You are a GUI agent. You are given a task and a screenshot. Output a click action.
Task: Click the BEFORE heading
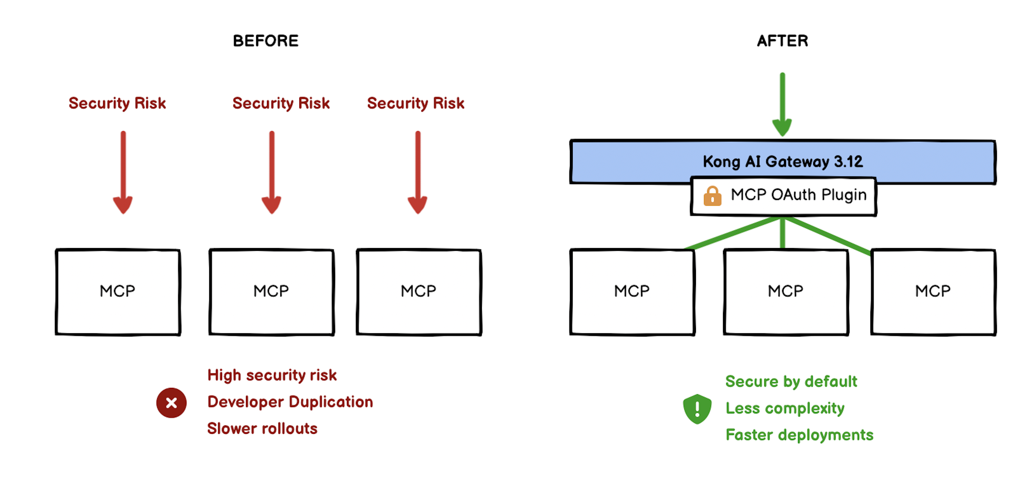point(265,41)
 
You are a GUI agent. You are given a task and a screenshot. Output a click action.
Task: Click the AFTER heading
point(782,41)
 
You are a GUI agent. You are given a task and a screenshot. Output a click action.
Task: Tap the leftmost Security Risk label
point(117,103)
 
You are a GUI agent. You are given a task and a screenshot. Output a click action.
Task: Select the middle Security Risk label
point(281,103)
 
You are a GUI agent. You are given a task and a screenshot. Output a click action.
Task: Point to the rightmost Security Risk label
point(416,103)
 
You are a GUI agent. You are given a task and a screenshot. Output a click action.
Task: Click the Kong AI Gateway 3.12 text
point(782,162)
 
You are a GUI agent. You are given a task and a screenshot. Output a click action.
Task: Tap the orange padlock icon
point(712,196)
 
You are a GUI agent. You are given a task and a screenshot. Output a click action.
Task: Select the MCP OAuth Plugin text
point(799,195)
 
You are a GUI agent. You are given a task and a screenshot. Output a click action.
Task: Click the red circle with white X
point(171,402)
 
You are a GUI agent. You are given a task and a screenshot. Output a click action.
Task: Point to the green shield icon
point(697,408)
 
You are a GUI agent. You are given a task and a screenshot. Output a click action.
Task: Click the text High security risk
point(272,375)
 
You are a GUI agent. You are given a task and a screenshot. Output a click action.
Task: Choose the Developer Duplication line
point(290,402)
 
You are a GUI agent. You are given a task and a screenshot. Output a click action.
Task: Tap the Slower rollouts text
point(262,429)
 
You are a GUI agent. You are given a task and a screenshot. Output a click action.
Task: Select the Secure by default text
point(791,381)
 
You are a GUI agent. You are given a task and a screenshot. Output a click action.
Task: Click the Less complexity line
point(785,408)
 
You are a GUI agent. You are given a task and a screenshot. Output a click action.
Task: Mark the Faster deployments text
point(799,435)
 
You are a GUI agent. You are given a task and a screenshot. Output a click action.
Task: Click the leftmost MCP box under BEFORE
point(118,292)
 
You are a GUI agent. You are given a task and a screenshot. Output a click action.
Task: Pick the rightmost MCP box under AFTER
point(933,292)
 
